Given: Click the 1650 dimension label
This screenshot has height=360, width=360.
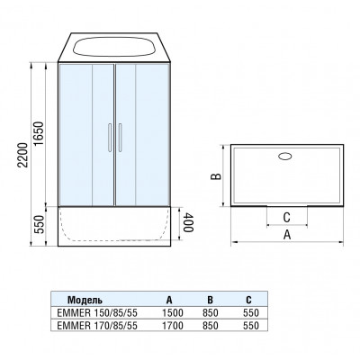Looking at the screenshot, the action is [x=39, y=134].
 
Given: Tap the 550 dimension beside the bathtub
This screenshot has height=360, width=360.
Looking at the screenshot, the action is [x=39, y=224].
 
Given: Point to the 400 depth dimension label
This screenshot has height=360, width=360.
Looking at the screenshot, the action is [x=187, y=222].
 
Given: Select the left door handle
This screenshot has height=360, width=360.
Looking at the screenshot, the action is [x=110, y=138].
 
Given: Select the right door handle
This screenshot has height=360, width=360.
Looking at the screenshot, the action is [x=120, y=138].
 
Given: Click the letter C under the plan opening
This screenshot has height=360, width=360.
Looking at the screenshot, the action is [x=286, y=217].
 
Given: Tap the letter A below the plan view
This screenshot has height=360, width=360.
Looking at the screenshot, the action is [x=287, y=234].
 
